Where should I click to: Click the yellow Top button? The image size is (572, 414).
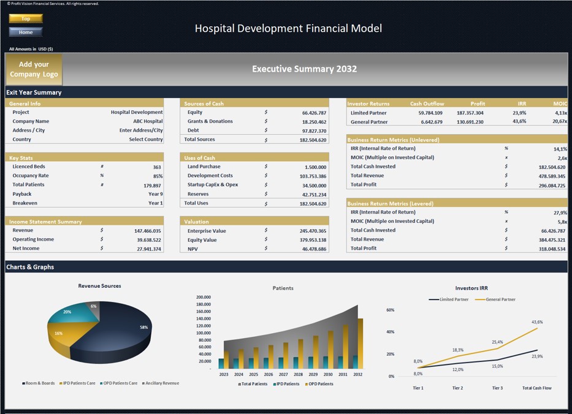pos(26,18)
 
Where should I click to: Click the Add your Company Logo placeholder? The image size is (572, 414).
pos(34,69)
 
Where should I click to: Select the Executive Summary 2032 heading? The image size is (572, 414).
pos(304,69)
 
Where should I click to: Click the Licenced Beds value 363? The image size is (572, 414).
pos(157,167)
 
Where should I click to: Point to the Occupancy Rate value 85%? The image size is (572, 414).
pos(158,176)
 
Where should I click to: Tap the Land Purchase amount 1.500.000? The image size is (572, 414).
pos(315,167)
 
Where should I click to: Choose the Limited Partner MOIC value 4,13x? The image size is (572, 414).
pos(560,113)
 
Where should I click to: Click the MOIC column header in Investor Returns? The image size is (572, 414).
pos(560,103)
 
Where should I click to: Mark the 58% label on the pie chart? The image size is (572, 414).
pos(143,328)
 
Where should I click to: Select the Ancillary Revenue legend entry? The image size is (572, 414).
pos(161,383)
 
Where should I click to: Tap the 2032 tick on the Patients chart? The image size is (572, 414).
pos(357,374)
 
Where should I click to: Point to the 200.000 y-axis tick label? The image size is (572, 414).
pos(203,297)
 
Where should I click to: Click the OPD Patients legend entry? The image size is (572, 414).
pos(319,384)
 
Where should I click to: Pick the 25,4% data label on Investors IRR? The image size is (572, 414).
pos(497,342)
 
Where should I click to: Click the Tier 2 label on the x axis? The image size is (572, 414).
pos(457,388)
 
